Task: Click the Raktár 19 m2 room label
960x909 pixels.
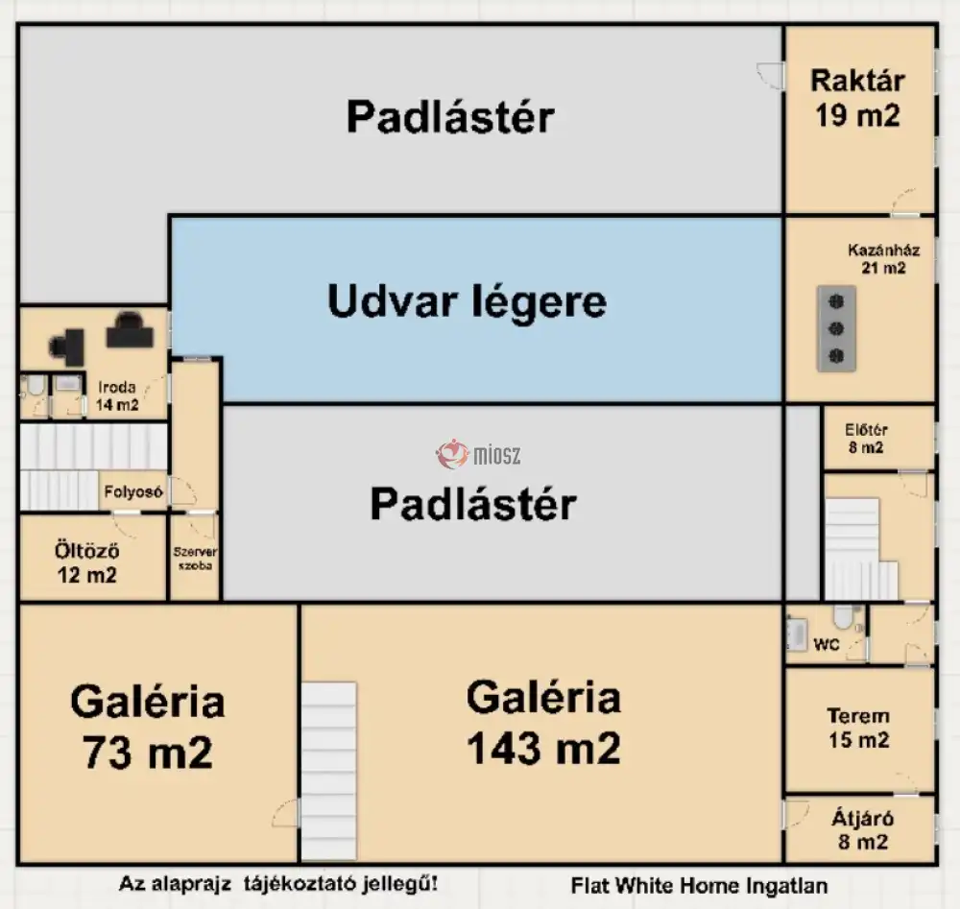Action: (857, 98)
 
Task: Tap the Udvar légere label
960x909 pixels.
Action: (468, 300)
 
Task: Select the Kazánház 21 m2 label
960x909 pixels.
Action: (883, 259)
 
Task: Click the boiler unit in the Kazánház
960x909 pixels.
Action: (836, 328)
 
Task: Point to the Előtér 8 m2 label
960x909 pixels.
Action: (866, 439)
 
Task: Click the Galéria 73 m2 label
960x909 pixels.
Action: (148, 727)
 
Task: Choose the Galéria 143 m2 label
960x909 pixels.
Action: (543, 722)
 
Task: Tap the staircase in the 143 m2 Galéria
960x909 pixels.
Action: (328, 771)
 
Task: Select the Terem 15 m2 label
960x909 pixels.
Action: (858, 728)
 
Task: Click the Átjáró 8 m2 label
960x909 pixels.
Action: (863, 830)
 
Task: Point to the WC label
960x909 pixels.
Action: (826, 644)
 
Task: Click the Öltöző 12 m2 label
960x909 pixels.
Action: (87, 562)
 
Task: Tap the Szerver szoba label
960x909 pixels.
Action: (195, 559)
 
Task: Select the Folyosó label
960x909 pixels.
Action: (132, 491)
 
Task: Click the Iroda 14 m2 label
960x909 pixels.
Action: (116, 395)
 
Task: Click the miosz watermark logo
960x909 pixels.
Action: (478, 454)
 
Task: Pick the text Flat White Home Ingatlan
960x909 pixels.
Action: (699, 885)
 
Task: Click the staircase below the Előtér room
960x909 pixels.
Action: (861, 550)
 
